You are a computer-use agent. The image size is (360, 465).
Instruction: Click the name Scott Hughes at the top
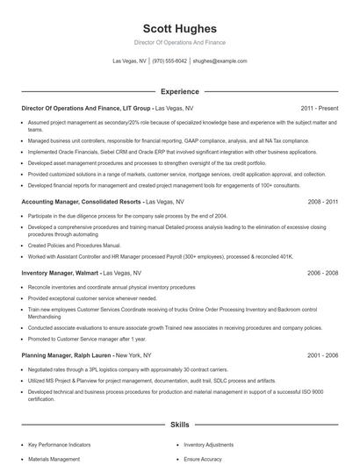(179, 29)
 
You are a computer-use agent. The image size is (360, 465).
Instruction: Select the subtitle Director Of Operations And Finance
(179, 42)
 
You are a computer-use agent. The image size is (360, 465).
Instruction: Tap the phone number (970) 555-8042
(169, 61)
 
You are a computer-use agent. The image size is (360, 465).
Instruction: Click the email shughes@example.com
(220, 61)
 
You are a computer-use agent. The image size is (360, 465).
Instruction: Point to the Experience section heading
(179, 91)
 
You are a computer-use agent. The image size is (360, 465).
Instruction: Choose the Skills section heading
(179, 425)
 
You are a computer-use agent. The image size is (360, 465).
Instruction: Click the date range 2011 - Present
(319, 108)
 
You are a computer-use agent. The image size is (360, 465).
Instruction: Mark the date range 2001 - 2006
(322, 355)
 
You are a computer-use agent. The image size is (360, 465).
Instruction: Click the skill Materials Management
(54, 459)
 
